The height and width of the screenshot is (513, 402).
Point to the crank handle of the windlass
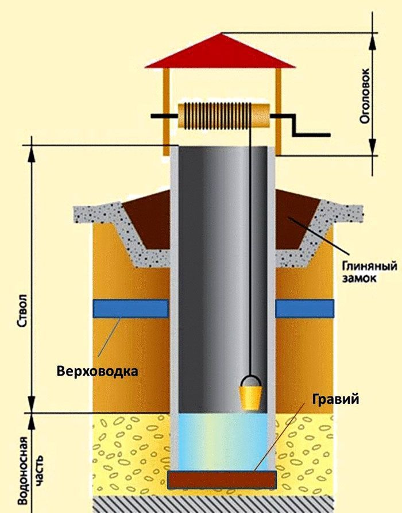click(301, 125)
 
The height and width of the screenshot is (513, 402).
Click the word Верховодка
click(97, 372)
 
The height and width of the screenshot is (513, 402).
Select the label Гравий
click(335, 400)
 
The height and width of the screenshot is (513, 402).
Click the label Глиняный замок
click(369, 271)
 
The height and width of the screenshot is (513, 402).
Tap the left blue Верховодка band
click(131, 308)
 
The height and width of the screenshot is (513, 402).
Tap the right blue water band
click(304, 308)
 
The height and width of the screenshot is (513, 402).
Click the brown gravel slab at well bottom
click(222, 480)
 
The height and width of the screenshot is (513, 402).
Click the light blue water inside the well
click(223, 441)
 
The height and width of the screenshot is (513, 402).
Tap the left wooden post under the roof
click(167, 111)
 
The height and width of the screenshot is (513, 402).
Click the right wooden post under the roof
click(279, 111)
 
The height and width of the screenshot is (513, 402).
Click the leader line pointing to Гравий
click(280, 437)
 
